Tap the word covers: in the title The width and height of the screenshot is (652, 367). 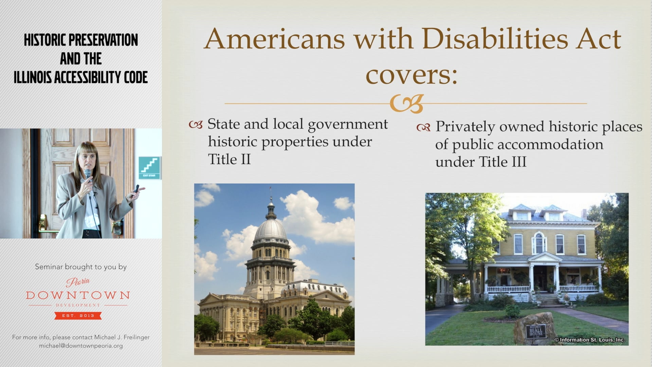coord(411,75)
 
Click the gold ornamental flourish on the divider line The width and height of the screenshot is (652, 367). coord(406,103)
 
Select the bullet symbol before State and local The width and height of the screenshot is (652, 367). coord(196,125)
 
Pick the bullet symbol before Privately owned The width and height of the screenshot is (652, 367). coord(423,128)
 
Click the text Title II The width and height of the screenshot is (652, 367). coord(229,159)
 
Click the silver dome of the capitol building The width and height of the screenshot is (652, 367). coord(271,230)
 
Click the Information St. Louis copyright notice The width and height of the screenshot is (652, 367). coord(589,339)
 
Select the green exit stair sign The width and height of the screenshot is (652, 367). coord(150,167)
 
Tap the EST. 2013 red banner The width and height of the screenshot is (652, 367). coord(78,316)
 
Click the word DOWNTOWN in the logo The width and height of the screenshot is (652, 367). coord(78,295)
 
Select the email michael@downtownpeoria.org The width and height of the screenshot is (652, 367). coord(81,346)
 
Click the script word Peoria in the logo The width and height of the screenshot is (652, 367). coord(78,281)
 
